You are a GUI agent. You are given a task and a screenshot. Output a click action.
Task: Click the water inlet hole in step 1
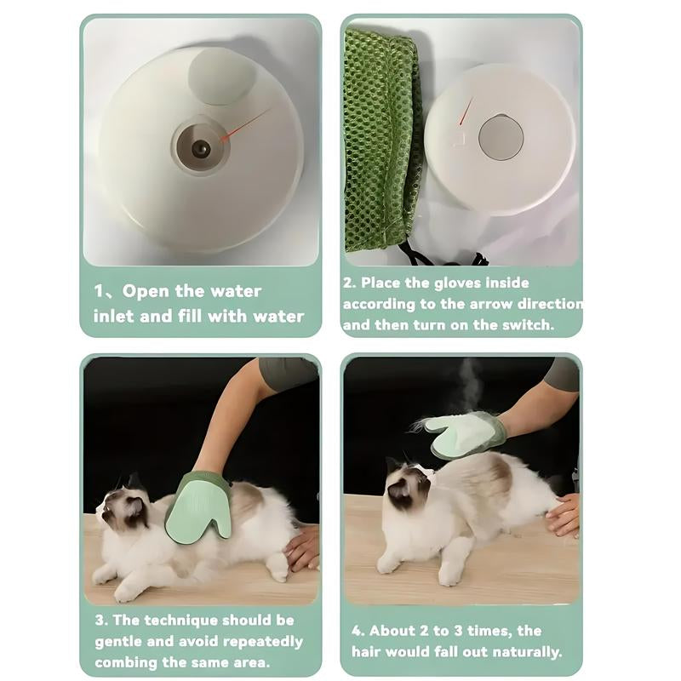click(201, 148)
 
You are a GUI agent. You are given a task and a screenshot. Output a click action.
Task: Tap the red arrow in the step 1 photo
click(247, 124)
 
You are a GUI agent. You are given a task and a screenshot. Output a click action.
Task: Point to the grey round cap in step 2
click(501, 138)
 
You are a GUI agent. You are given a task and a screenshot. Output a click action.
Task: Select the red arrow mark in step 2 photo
click(465, 111)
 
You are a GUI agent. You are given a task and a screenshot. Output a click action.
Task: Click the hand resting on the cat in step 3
click(301, 548)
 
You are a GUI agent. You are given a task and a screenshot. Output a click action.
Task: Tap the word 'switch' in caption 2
click(527, 324)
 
